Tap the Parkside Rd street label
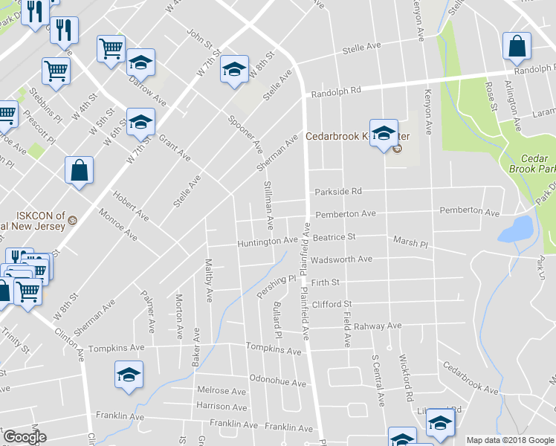tap(337, 191)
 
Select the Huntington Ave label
tap(267, 242)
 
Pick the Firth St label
tap(326, 282)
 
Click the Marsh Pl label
tap(410, 243)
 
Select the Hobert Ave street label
tap(131, 204)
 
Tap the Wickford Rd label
tap(406, 378)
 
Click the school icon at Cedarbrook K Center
tap(384, 134)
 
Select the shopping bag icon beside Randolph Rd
tap(516, 46)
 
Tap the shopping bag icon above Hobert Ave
tap(79, 170)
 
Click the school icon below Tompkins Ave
tap(129, 374)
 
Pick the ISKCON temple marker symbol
tap(73, 220)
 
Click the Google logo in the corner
tap(25, 437)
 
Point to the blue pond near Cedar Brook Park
tap(514, 230)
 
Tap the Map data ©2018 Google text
tap(509, 439)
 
